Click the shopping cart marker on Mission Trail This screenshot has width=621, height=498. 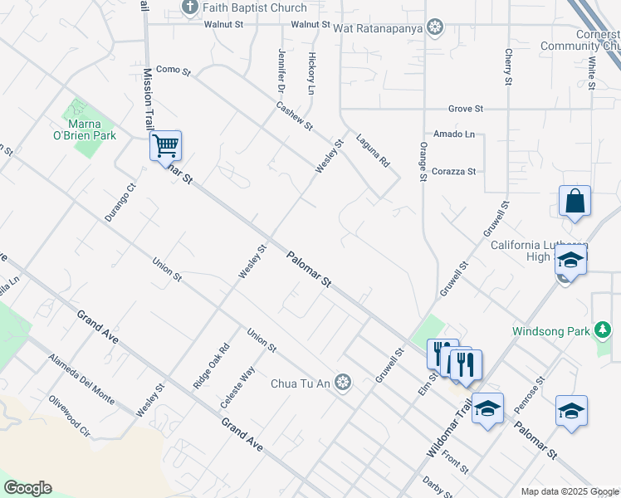pyautogui.click(x=166, y=146)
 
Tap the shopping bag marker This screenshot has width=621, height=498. pyautogui.click(x=575, y=201)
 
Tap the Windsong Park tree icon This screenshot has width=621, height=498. pyautogui.click(x=604, y=331)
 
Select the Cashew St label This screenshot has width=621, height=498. pyautogui.click(x=294, y=115)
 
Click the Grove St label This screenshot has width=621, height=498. pyautogui.click(x=465, y=109)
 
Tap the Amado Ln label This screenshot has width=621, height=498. pyautogui.click(x=454, y=134)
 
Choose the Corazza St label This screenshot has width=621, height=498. pyautogui.click(x=454, y=171)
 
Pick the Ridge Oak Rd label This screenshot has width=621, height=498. pyautogui.click(x=210, y=367)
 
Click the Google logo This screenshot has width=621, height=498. pyautogui.click(x=27, y=488)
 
